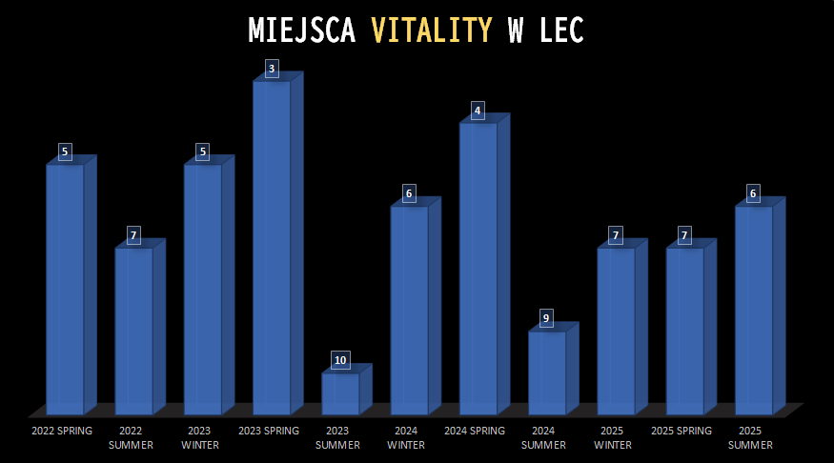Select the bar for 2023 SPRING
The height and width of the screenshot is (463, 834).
tap(272, 248)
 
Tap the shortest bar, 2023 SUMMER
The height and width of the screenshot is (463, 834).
tap(340, 393)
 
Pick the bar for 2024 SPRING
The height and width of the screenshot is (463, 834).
tap(478, 269)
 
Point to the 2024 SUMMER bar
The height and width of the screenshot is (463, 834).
tap(547, 372)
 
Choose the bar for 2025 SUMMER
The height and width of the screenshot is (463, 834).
tap(753, 310)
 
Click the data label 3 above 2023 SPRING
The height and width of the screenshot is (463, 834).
tap(272, 69)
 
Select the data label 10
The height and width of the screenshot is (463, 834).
tap(340, 360)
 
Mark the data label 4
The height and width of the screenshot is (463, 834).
tap(478, 111)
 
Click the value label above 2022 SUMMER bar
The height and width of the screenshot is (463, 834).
tap(133, 235)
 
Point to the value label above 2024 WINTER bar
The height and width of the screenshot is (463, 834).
tap(409, 194)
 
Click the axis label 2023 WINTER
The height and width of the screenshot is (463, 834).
tap(201, 437)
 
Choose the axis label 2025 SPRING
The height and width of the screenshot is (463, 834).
tap(681, 431)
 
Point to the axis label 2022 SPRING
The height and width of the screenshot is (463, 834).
tap(62, 431)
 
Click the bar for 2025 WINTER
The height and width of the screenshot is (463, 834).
tap(616, 331)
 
